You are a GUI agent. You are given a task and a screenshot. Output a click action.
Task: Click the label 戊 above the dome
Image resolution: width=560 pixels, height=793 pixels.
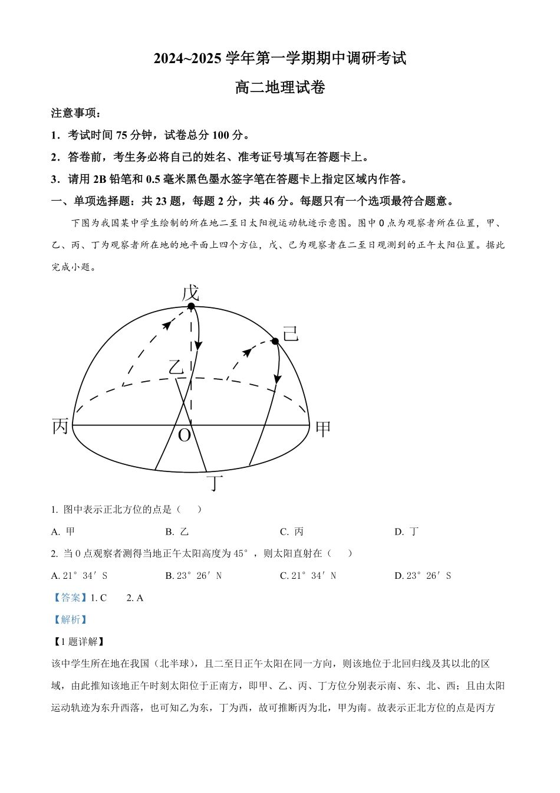click(190, 293)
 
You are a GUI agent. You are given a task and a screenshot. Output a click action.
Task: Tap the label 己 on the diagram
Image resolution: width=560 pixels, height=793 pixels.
click(291, 335)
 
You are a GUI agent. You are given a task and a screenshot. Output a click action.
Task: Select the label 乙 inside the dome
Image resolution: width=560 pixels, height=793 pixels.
click(176, 367)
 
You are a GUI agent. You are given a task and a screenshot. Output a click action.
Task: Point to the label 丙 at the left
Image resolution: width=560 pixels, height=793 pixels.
click(61, 426)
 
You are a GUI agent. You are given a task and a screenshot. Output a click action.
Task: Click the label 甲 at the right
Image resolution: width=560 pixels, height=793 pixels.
click(324, 428)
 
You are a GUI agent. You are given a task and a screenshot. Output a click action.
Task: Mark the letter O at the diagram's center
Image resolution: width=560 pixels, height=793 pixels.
click(185, 435)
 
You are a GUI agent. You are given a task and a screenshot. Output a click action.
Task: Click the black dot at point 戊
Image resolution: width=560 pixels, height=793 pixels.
click(191, 306)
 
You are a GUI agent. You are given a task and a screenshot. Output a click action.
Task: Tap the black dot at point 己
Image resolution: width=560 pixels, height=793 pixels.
click(275, 341)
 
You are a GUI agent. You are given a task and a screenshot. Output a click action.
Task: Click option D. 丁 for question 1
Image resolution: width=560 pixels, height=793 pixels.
click(407, 532)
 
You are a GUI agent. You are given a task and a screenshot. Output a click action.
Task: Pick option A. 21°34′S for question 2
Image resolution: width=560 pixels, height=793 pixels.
click(80, 576)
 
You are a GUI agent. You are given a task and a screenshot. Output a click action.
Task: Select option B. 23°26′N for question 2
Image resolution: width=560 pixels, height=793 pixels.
click(193, 576)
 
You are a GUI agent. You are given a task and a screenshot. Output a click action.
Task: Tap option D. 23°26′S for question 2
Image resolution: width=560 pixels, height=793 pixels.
click(423, 576)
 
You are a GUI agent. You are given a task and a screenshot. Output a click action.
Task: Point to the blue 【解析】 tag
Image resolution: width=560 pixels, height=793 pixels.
click(70, 620)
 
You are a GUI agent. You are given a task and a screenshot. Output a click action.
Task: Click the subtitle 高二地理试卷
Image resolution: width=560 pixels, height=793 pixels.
click(280, 88)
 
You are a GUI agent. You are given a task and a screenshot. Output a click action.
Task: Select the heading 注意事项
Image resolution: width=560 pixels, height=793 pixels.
click(75, 113)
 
